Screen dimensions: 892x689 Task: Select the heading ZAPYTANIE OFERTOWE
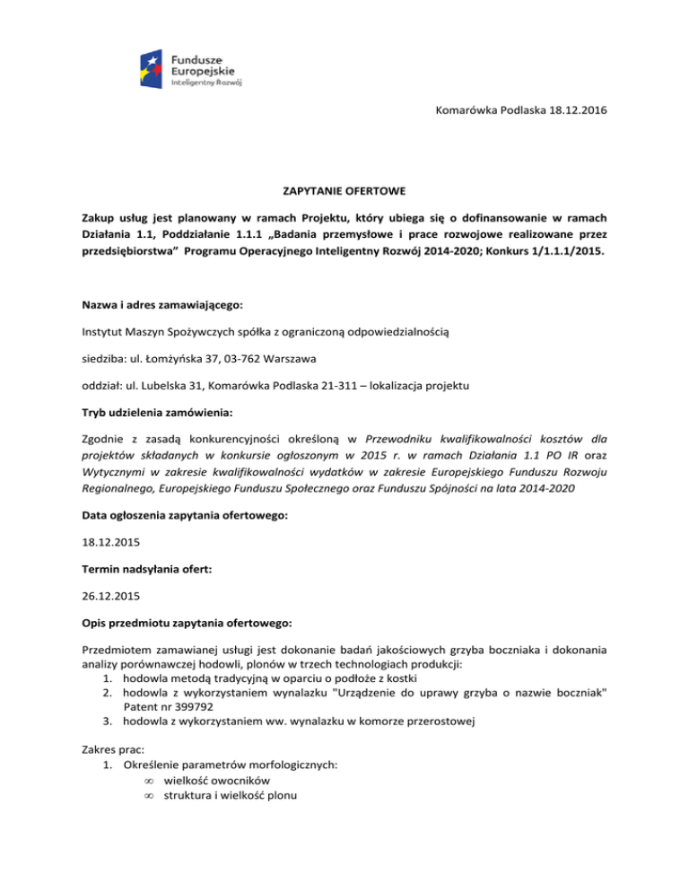point(344,192)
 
